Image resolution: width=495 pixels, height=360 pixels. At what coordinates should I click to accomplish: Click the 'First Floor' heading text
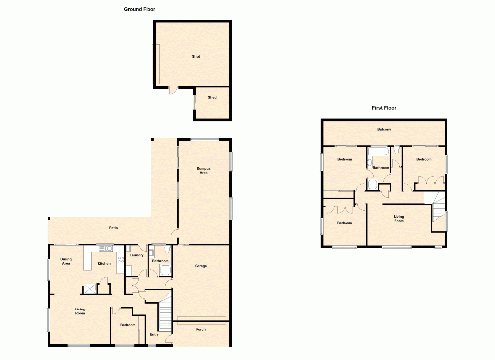[384, 108]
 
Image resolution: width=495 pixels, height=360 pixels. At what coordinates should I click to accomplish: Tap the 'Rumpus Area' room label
[203, 171]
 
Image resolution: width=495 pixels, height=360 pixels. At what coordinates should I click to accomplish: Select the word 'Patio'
[113, 228]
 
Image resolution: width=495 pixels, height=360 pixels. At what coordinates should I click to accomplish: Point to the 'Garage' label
[200, 266]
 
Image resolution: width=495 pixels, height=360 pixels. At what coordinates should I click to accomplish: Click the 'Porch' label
[200, 329]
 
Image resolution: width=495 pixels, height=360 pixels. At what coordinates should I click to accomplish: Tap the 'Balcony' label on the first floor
[384, 130]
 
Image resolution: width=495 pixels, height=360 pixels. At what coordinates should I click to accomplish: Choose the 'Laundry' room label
[136, 256]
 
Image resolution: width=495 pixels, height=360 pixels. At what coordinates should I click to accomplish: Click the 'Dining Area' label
[66, 261]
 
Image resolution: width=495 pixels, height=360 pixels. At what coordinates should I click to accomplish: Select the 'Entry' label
[154, 334]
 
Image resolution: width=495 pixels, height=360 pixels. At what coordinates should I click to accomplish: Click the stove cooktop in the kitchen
[120, 259]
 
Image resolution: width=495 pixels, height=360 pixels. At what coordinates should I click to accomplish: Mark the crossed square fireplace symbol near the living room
[90, 288]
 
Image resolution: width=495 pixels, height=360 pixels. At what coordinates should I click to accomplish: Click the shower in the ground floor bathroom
[165, 270]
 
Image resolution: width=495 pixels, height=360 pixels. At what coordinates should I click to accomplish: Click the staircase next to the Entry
[164, 312]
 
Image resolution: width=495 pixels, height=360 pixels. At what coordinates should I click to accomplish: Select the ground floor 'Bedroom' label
[127, 325]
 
